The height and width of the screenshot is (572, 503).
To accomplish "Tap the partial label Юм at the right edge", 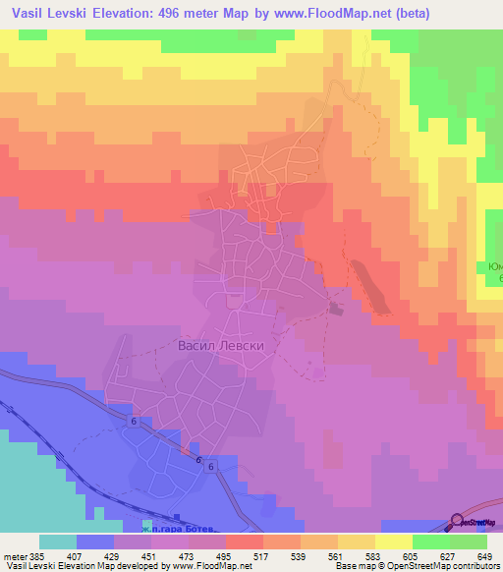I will (495, 267).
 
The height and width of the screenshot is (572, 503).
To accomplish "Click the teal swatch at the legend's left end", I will (57, 542).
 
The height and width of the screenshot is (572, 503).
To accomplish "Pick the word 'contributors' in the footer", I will (476, 565).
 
